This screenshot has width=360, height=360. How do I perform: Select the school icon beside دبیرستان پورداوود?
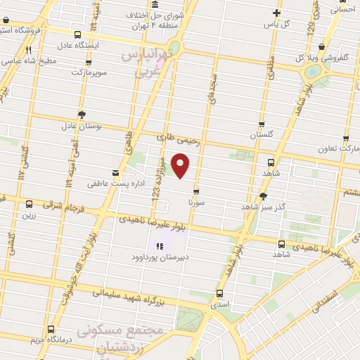pos(160,246)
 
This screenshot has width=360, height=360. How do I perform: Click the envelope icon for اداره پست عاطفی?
pos(115,172)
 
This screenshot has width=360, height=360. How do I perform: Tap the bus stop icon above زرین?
pos(29,204)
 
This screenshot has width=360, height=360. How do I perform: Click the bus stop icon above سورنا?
pos(196,191)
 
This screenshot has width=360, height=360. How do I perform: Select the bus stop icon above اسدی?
pos(220,293)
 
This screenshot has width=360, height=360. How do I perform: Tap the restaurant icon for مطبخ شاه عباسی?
pos(29,50)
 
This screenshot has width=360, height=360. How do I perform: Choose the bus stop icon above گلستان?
pos(262,124)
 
